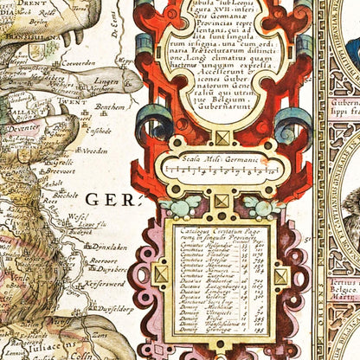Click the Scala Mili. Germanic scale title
(x=223, y=159)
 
